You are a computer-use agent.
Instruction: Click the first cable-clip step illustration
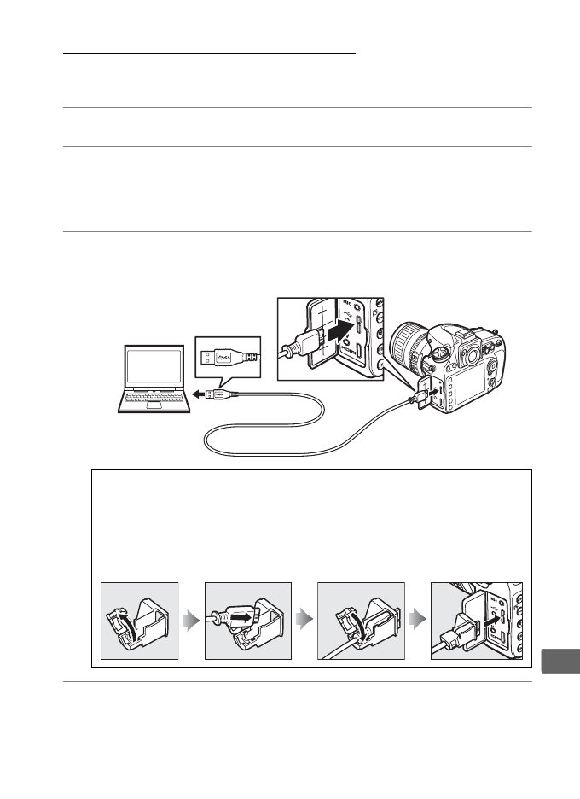tap(139, 621)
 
